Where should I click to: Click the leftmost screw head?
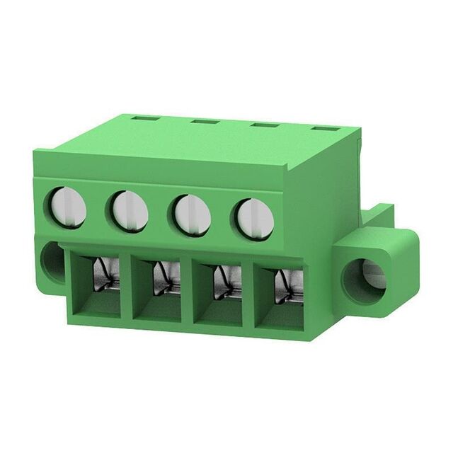pyautogui.click(x=68, y=207)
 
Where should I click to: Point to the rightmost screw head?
pyautogui.click(x=254, y=219)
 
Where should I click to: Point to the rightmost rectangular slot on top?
pyautogui.click(x=325, y=130)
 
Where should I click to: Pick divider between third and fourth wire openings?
pyautogui.click(x=249, y=297)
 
